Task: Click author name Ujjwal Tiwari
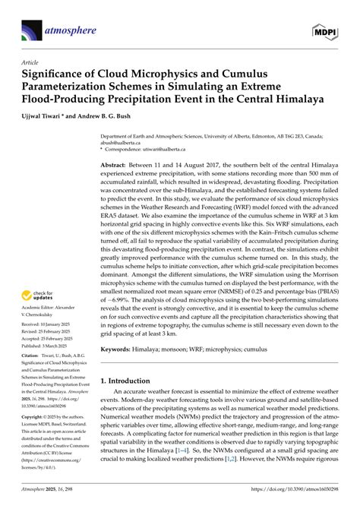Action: (52, 115)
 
